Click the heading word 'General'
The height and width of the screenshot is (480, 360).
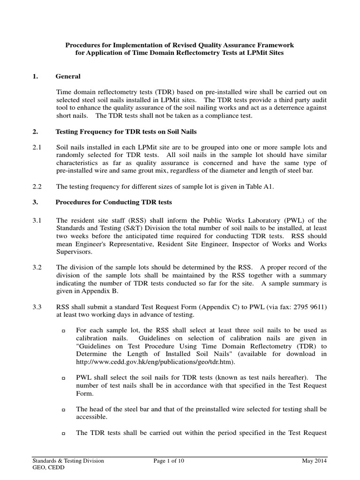68,76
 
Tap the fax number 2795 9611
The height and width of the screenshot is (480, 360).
307,307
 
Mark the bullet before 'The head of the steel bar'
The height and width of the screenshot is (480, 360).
63,410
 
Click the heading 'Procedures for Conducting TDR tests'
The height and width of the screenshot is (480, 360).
113,202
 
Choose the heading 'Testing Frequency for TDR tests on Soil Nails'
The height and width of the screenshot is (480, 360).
132,131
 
